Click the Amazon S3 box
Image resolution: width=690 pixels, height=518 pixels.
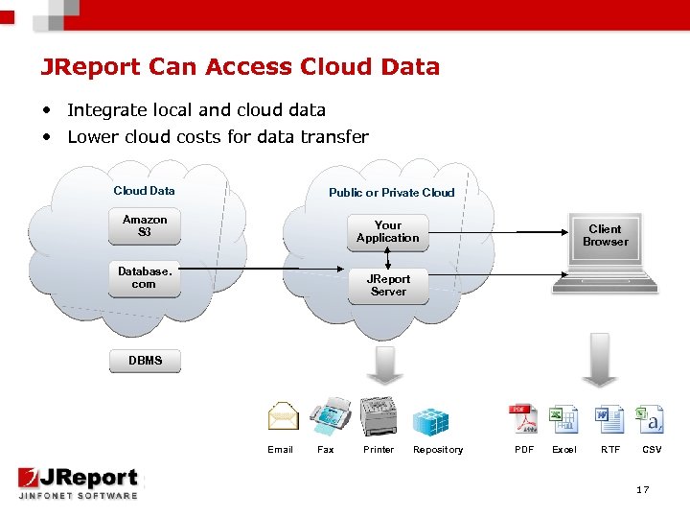pos(145,226)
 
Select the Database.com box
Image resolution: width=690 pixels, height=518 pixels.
pos(145,278)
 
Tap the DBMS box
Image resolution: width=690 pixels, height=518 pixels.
pos(145,362)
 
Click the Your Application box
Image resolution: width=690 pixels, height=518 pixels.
pos(388,232)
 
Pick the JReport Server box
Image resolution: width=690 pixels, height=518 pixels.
pos(388,286)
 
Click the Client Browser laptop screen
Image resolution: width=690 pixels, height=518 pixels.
pos(605,236)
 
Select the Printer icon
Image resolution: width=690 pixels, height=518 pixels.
pos(379,415)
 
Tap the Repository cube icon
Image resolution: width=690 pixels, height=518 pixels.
pos(430,420)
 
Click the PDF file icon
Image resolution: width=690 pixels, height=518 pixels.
pos(522,419)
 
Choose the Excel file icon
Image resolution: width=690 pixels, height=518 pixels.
pos(564,419)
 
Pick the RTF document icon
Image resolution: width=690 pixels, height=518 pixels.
pos(609,419)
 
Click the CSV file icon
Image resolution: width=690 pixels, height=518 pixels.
pos(651,419)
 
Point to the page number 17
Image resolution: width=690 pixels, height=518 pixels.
pos(642,490)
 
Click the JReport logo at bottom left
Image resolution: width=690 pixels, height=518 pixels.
pos(79,482)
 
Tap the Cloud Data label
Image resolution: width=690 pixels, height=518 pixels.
pos(144,190)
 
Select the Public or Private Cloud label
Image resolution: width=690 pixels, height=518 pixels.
pos(391,192)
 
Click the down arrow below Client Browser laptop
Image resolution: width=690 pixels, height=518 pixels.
pos(601,359)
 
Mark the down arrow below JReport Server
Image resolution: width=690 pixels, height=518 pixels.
pos(386,365)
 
